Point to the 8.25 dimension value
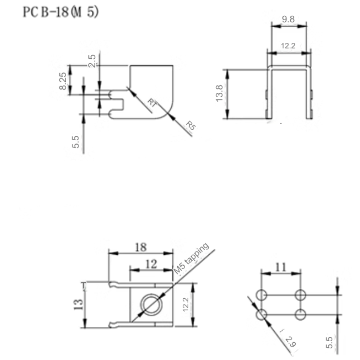click(x=63, y=80)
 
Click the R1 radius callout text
click(x=152, y=102)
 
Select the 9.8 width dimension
click(x=288, y=19)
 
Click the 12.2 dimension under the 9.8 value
click(x=288, y=45)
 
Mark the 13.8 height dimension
click(x=220, y=93)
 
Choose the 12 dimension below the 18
click(x=152, y=264)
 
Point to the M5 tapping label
click(x=192, y=258)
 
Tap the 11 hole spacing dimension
click(x=280, y=268)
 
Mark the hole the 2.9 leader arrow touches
click(x=261, y=314)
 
